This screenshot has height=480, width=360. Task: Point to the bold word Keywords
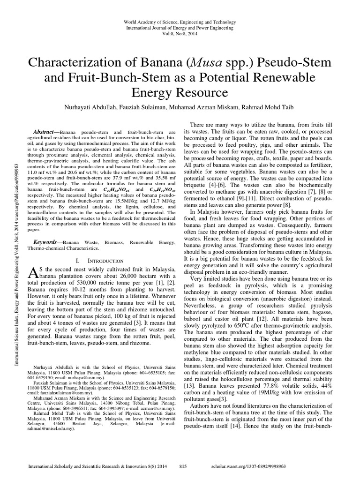click(x=48, y=241)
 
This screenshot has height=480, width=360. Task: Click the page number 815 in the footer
click(x=183, y=467)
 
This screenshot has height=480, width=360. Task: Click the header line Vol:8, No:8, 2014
click(x=180, y=35)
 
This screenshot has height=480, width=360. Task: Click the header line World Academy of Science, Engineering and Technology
click(x=180, y=22)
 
